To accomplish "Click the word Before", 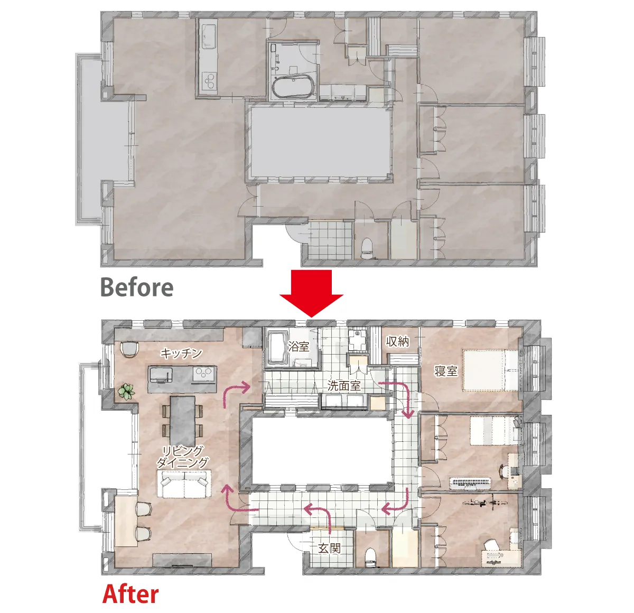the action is tap(137, 287).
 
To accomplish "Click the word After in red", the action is tap(130, 594).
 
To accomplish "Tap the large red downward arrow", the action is tap(311, 293).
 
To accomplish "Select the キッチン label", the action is tap(181, 353).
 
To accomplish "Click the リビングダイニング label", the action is tap(182, 457).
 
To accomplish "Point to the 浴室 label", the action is tap(298, 346).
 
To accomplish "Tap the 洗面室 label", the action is tap(344, 386).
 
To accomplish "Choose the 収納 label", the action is tap(397, 341).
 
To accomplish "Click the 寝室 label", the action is tap(446, 371).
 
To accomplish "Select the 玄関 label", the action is tap(329, 548).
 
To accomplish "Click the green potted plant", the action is tap(126, 392).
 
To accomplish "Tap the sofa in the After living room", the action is tap(184, 484).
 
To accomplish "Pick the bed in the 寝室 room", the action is tap(490, 370).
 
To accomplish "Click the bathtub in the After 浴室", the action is tap(277, 348).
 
